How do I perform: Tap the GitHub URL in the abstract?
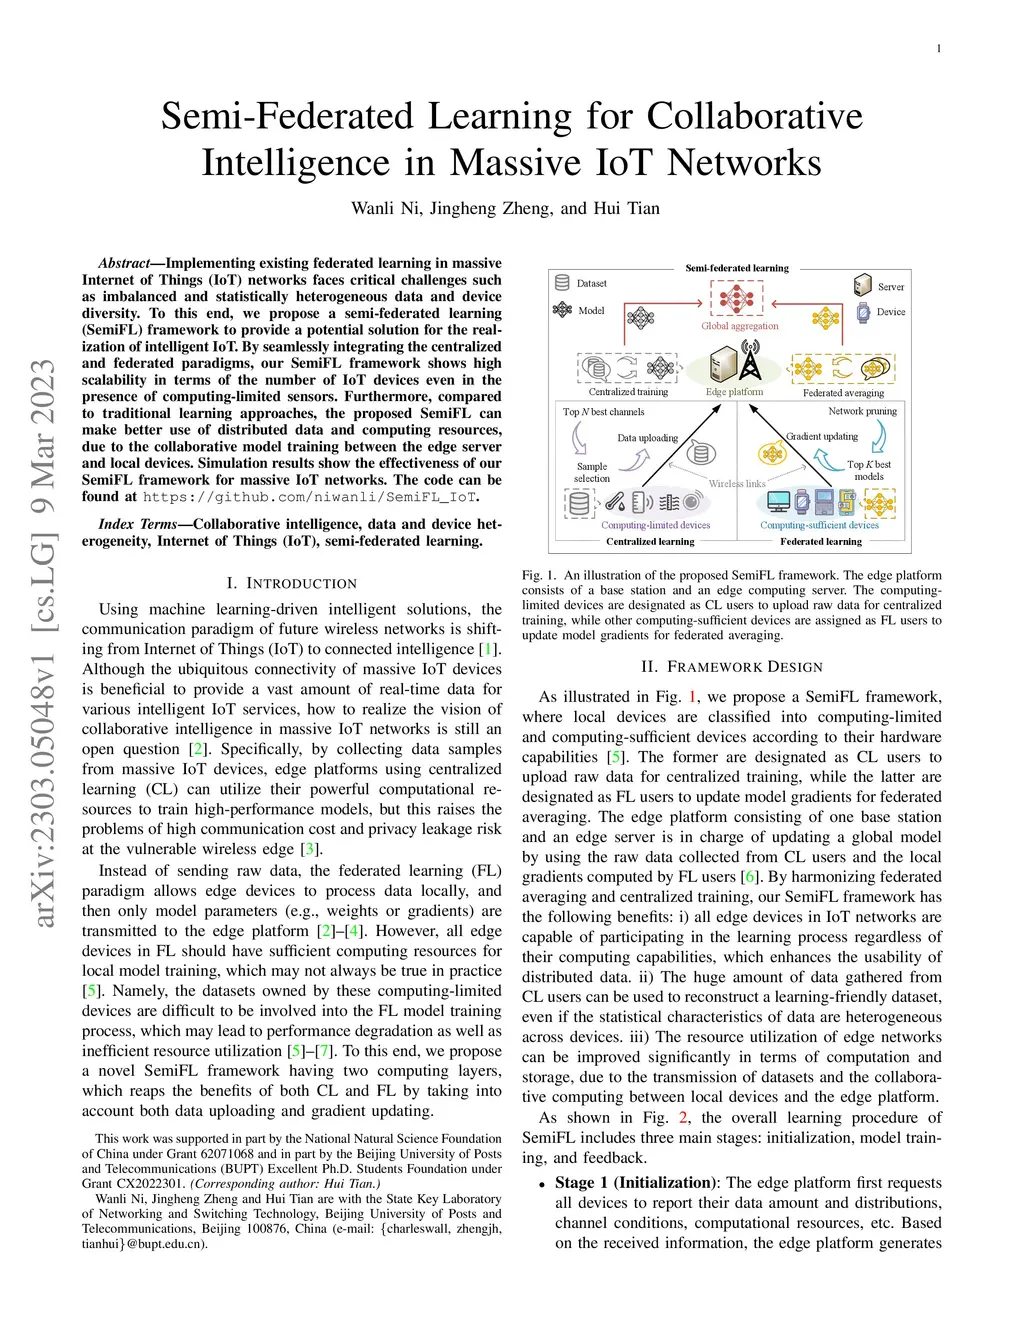pyautogui.click(x=309, y=497)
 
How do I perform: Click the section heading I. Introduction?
pyautogui.click(x=291, y=583)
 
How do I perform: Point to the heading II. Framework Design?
pyautogui.click(x=732, y=667)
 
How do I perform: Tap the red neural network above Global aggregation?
pyautogui.click(x=737, y=298)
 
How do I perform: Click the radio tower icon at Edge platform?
pyautogui.click(x=749, y=362)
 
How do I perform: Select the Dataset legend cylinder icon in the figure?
pyautogui.click(x=562, y=283)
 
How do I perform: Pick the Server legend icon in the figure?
pyautogui.click(x=863, y=286)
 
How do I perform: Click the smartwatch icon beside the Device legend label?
pyautogui.click(x=863, y=312)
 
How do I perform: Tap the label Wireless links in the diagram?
pyautogui.click(x=737, y=484)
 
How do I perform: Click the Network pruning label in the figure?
pyautogui.click(x=862, y=411)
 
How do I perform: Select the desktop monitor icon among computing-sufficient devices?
pyautogui.click(x=778, y=501)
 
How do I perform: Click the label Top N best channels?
pyautogui.click(x=603, y=412)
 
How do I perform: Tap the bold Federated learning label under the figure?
pyautogui.click(x=820, y=542)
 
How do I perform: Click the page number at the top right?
pyautogui.click(x=939, y=49)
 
